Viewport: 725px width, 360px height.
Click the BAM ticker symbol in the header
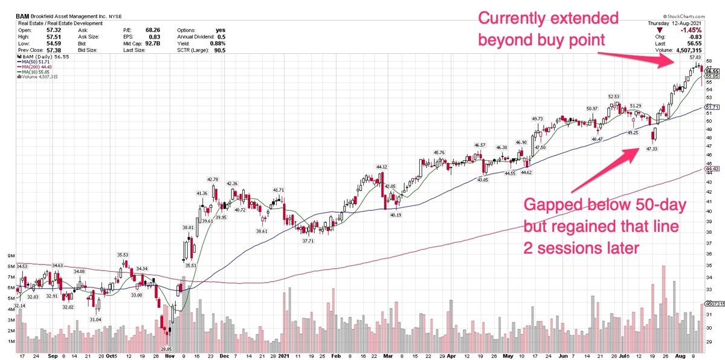pyautogui.click(x=24, y=16)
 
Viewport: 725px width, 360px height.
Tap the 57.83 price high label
pyautogui.click(x=695, y=57)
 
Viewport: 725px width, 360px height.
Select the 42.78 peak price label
pyautogui.click(x=212, y=179)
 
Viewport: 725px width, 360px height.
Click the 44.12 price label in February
pyautogui.click(x=381, y=167)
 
